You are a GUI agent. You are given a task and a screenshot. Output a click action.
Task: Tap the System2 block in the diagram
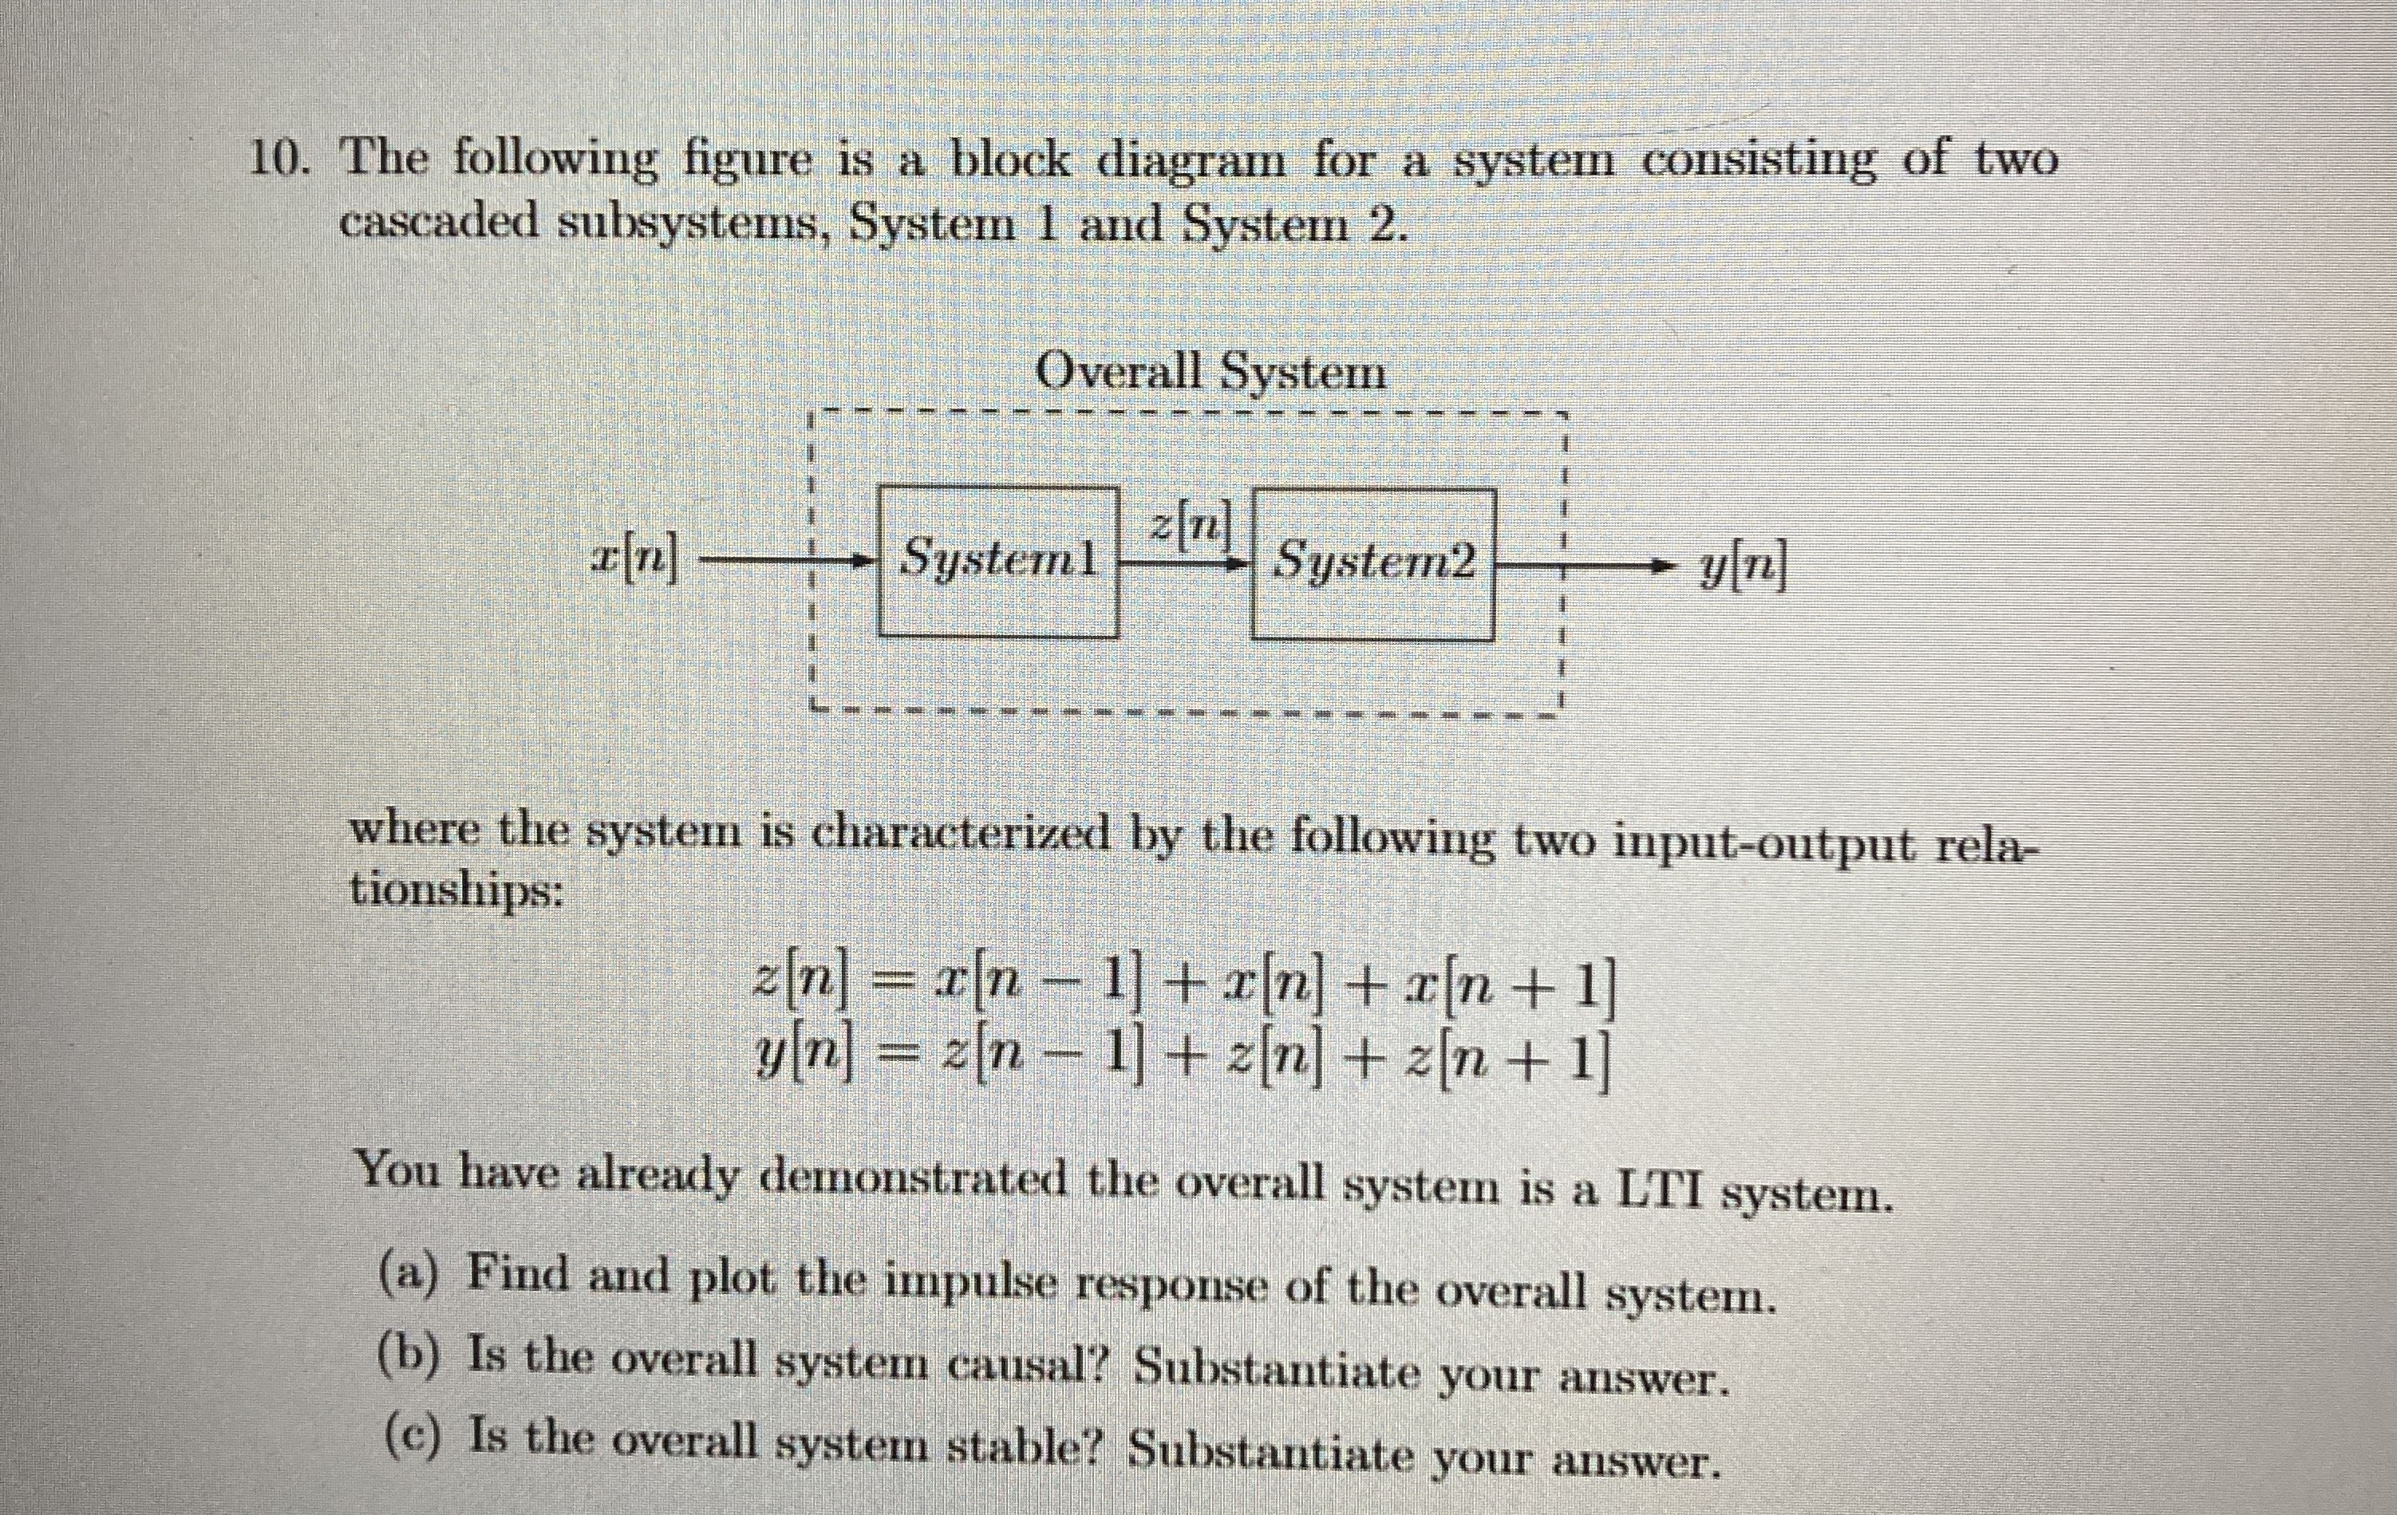coord(1372,563)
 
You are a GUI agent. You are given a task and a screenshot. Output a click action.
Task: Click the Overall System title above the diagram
coord(1210,373)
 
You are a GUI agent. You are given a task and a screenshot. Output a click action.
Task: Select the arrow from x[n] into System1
coord(787,563)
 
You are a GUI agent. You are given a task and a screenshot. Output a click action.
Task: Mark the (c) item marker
coord(410,1439)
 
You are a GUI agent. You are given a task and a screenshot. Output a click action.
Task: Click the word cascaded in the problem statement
coord(436,221)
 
